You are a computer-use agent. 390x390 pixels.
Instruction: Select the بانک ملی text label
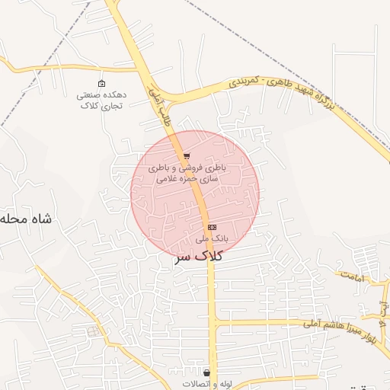click(211, 238)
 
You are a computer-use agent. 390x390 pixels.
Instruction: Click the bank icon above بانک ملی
click(211, 227)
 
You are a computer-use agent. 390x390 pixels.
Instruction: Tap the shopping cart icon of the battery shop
click(187, 156)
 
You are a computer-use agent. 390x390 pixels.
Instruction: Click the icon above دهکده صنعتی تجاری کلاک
click(101, 83)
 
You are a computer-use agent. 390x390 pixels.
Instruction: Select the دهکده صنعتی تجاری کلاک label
click(101, 100)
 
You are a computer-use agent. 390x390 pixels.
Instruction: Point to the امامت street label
click(354, 276)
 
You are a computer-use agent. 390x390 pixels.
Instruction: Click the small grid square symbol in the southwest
click(93, 331)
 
